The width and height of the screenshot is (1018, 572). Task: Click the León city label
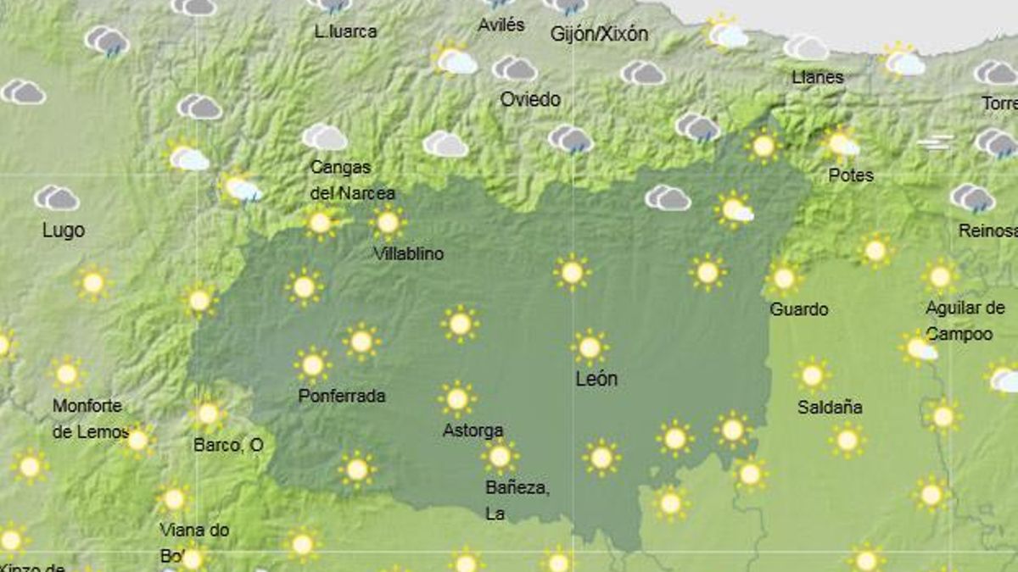coord(596,379)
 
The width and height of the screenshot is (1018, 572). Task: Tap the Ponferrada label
coord(342,396)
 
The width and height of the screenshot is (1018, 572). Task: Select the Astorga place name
coord(473,430)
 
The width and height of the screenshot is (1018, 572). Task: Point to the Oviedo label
coord(530,99)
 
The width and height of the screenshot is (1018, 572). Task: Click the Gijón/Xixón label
coord(599,34)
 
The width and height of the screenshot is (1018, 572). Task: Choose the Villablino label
coord(408,253)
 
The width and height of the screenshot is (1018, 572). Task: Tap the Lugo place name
coord(64,230)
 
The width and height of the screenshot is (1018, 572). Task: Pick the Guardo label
coord(798,309)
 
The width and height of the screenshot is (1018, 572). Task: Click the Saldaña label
coord(830,407)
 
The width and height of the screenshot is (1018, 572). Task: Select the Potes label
coord(851,175)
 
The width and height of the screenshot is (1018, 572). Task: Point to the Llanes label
coord(818,77)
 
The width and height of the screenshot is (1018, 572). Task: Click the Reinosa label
coord(987,230)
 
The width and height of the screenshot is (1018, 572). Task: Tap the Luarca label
coord(345,32)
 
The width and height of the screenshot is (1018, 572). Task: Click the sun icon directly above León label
coord(590,347)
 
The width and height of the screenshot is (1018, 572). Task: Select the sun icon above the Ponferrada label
coord(313,365)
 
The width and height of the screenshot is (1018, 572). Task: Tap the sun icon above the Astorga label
coord(457,398)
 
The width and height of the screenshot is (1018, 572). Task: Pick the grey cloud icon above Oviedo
coord(514,68)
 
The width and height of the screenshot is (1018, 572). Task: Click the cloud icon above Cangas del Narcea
coord(324,136)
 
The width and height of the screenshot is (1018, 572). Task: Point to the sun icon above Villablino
coord(388,223)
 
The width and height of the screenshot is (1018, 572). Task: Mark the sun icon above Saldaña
coord(812,374)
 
